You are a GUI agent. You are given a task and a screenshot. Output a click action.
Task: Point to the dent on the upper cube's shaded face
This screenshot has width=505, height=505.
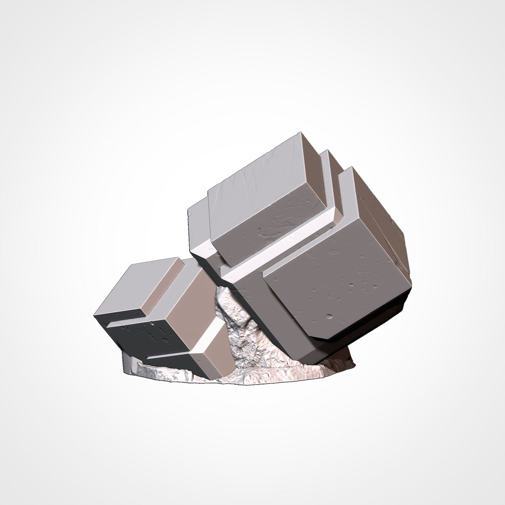click(x=269, y=229)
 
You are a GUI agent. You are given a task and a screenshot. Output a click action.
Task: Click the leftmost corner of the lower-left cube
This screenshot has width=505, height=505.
click(x=95, y=316)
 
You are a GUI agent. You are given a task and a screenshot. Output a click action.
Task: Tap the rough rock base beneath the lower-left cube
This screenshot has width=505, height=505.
click(x=168, y=372)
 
